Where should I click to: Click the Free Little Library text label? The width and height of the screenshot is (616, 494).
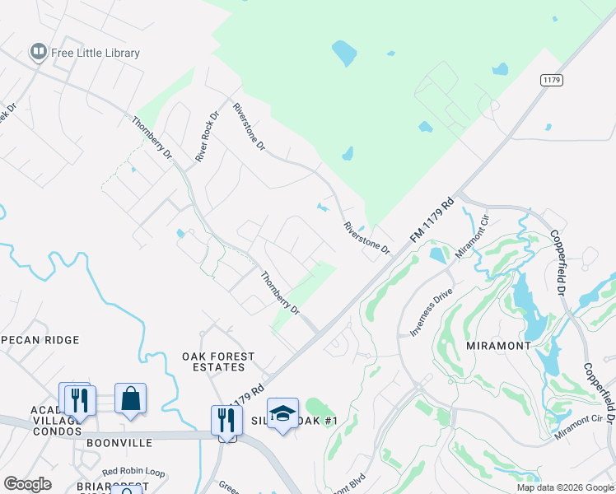[96, 53]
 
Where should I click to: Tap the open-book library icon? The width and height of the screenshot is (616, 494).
[37, 53]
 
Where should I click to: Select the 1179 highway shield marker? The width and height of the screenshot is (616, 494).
[552, 79]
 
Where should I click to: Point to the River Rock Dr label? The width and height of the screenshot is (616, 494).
[205, 136]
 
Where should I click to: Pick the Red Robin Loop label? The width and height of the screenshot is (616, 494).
[133, 473]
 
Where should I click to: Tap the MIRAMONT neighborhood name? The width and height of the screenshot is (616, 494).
[498, 346]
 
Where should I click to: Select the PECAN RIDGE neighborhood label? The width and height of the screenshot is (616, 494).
[40, 339]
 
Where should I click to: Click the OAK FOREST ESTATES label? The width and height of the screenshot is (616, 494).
[218, 362]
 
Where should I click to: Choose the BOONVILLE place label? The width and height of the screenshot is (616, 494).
[119, 442]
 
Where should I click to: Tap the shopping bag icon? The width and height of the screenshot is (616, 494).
[130, 399]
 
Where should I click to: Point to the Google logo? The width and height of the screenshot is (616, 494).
[27, 484]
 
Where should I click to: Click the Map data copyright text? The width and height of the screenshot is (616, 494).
[565, 487]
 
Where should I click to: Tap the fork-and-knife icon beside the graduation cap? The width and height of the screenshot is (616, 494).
[226, 420]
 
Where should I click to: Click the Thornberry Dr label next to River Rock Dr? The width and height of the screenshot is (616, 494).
[152, 137]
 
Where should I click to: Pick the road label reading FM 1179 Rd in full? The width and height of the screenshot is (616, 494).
[432, 220]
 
